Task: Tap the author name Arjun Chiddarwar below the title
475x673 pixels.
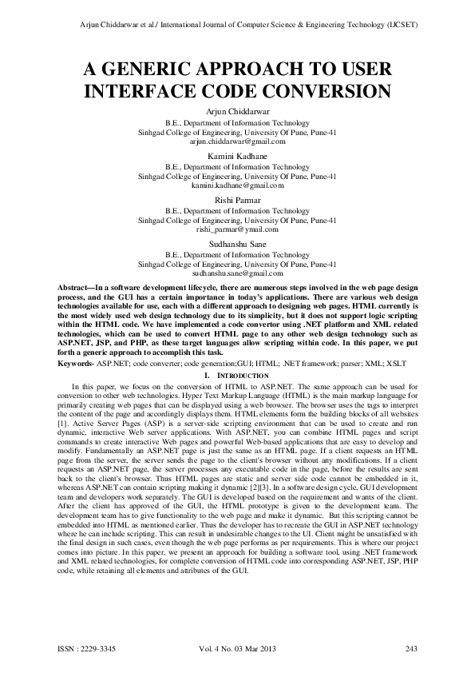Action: pyautogui.click(x=237, y=112)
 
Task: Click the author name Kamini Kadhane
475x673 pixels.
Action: pyautogui.click(x=237, y=155)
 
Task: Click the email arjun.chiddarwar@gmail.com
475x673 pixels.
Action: pyautogui.click(x=237, y=140)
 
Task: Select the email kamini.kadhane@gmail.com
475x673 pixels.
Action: pyautogui.click(x=237, y=184)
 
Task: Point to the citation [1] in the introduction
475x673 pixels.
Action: pyautogui.click(x=63, y=411)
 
